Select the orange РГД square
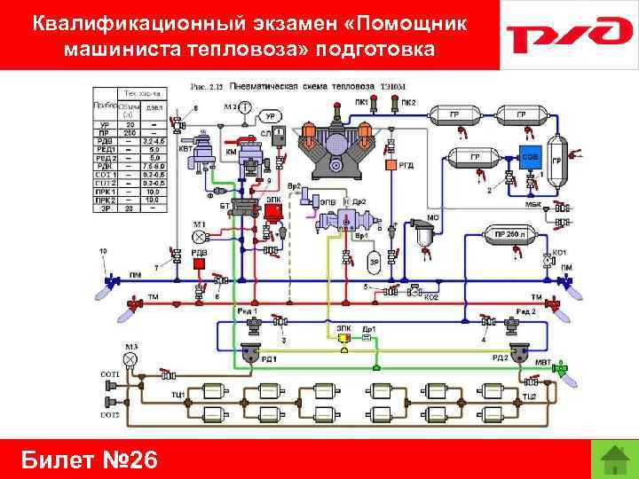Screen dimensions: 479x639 pos(389,165)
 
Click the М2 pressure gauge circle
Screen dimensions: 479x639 pos(244,108)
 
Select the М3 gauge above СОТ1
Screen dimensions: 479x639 pos(130,358)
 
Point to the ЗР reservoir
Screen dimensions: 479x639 pos(374,262)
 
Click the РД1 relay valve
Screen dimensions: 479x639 pos(249,355)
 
